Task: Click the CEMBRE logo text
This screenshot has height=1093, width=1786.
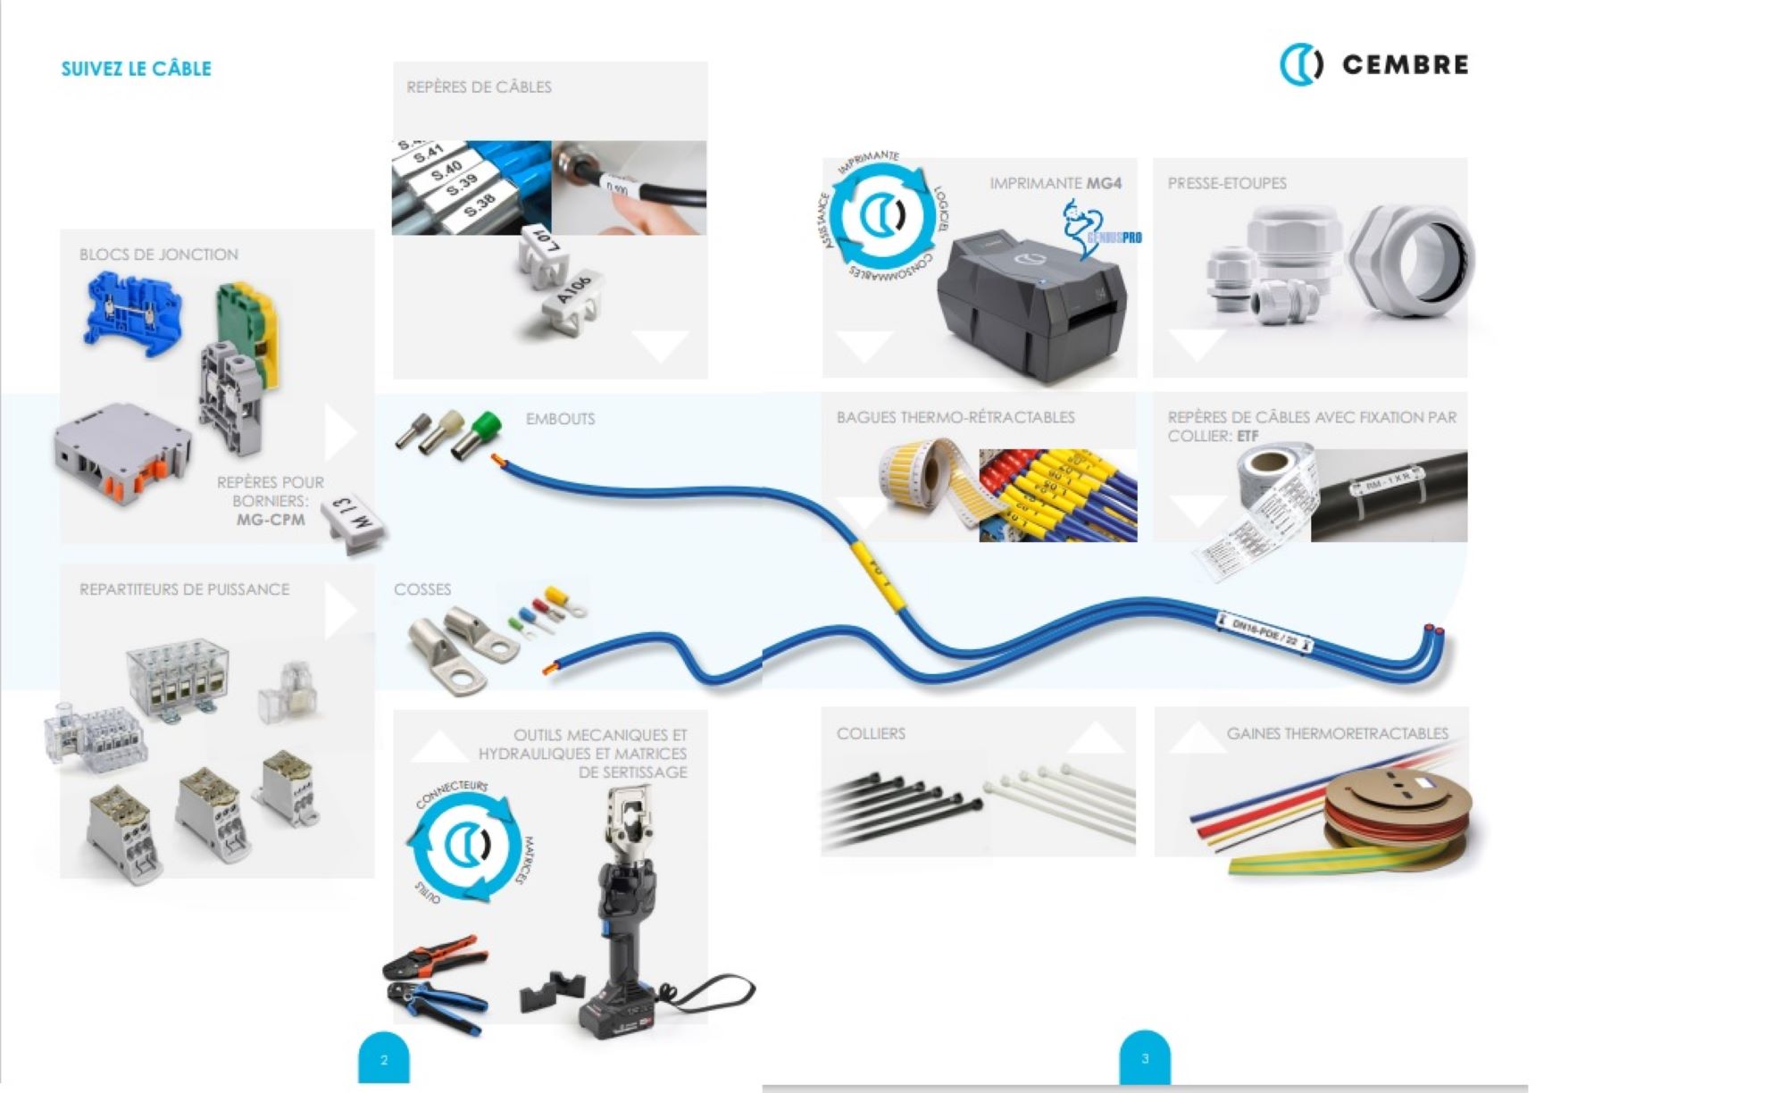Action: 1405,64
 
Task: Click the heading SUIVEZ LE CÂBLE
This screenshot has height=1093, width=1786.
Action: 136,69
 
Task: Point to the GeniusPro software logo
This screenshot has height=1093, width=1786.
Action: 1099,229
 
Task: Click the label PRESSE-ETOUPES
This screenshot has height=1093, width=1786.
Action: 1227,183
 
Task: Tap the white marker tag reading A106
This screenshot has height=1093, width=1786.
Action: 572,299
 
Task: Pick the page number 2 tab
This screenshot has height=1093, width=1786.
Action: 384,1060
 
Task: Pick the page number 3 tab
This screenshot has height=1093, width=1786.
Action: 1145,1059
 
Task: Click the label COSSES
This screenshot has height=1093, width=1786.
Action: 422,589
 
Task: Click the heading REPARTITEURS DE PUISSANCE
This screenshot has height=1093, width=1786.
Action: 184,589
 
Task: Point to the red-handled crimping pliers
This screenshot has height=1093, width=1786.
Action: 436,959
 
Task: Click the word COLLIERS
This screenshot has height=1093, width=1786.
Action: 871,733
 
